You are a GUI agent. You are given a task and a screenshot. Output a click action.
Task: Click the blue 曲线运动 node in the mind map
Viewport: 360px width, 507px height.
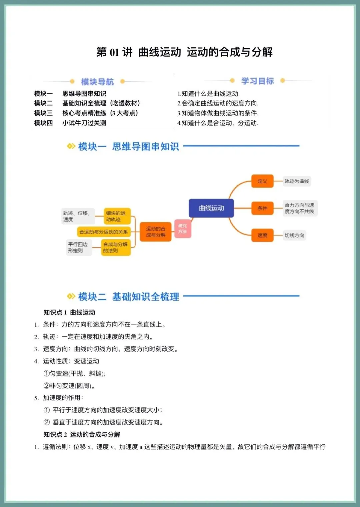point(211,208)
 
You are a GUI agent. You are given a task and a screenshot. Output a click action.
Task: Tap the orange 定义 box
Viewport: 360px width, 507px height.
point(262,181)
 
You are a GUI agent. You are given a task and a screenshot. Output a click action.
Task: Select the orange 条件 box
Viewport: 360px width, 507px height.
point(262,208)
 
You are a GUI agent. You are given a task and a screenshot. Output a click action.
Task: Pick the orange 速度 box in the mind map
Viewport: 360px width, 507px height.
point(262,235)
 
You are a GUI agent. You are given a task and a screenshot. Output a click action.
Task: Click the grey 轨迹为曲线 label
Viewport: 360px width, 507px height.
point(297,181)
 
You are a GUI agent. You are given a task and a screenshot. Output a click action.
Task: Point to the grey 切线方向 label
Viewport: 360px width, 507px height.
point(294,235)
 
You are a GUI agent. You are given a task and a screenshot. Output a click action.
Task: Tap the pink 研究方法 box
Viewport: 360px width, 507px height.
point(182,229)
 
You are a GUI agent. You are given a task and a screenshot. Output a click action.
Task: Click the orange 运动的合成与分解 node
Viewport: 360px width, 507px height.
point(155,232)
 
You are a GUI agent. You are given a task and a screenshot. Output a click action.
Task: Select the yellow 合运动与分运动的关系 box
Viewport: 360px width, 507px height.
point(103,232)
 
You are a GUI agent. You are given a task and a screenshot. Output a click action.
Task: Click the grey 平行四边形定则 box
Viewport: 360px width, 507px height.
point(78,248)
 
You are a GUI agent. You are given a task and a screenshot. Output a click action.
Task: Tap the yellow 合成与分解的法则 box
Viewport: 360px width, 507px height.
point(115,248)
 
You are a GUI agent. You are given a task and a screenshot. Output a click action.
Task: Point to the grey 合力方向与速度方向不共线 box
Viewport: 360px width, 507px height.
point(299,208)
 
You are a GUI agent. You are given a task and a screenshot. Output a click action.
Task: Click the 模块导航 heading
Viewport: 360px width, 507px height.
point(97,82)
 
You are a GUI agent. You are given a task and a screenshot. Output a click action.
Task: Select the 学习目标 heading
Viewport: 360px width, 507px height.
point(257,81)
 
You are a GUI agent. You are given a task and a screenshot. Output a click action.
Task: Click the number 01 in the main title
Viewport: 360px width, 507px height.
point(114,52)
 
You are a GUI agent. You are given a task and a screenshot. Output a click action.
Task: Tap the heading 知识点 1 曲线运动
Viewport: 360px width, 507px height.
point(69,312)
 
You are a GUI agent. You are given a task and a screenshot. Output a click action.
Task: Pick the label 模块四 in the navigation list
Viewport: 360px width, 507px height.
point(43,123)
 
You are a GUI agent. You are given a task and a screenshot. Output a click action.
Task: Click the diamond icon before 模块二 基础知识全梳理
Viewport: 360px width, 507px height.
point(71,296)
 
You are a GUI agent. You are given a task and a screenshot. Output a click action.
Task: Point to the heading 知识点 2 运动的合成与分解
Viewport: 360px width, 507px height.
point(82,434)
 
